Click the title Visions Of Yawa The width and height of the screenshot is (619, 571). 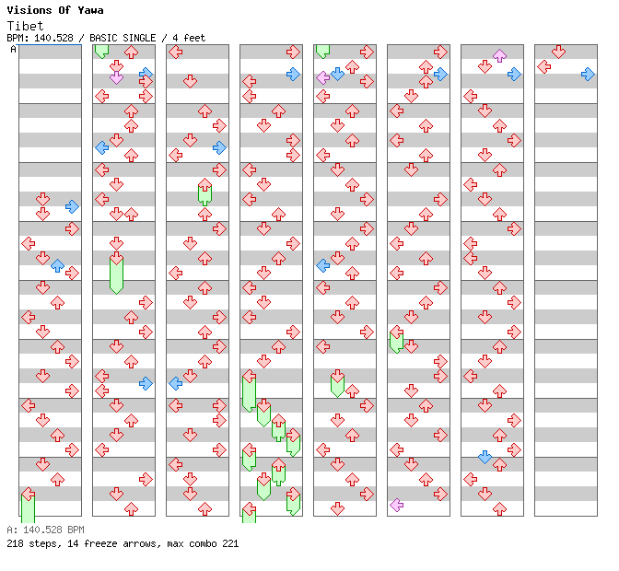54,10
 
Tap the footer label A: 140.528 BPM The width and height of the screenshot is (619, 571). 45,530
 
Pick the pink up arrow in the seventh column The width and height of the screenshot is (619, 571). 499,55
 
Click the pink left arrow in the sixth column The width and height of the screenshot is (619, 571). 396,505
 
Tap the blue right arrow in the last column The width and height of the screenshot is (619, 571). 588,74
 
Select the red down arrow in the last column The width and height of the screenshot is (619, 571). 558,52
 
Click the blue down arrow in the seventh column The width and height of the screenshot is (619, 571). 485,457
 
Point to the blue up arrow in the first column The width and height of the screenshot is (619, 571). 57,265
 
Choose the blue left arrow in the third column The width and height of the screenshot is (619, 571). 175,383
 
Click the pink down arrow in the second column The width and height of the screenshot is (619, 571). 116,77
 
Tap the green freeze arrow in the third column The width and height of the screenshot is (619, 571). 204,192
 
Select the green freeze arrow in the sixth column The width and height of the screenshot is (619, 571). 396,339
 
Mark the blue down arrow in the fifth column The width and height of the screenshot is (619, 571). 337,74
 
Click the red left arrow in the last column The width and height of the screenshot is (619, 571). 543,66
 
